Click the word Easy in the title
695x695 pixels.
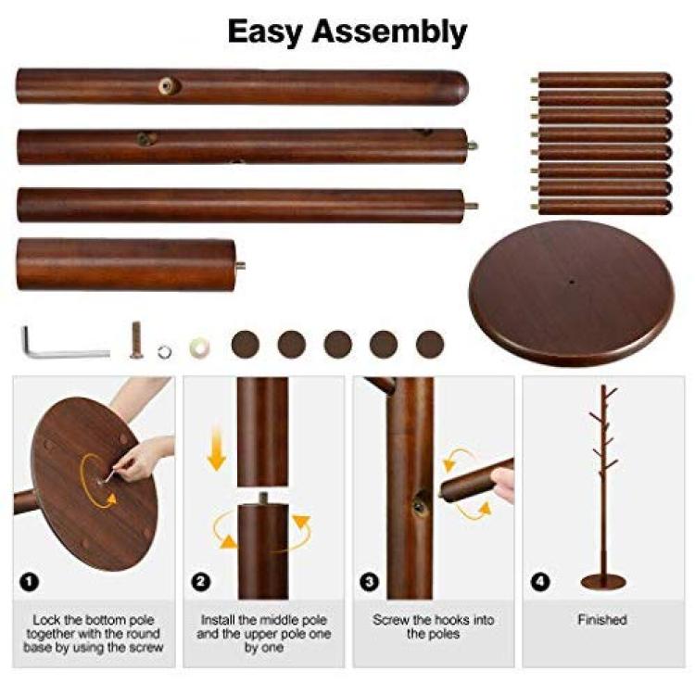(x=265, y=32)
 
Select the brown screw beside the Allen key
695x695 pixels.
(x=137, y=341)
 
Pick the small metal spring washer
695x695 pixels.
(x=164, y=352)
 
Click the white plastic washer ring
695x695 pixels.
(x=199, y=347)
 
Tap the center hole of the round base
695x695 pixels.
(x=573, y=281)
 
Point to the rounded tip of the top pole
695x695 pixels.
(x=461, y=87)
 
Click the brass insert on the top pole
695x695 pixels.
(x=168, y=85)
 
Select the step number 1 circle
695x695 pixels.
(x=30, y=582)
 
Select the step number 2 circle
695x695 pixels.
(x=200, y=582)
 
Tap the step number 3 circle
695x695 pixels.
(x=370, y=582)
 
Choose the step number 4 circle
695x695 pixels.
(x=540, y=582)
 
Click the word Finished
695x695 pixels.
(x=602, y=620)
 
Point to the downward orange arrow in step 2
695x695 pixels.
(x=217, y=448)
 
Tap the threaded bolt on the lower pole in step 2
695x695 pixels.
(x=263, y=499)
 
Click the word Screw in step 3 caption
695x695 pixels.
(x=391, y=620)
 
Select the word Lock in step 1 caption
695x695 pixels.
(x=46, y=620)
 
